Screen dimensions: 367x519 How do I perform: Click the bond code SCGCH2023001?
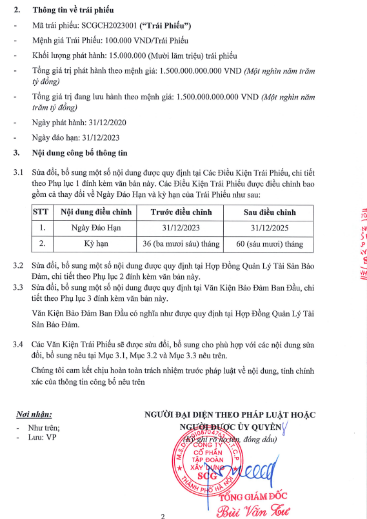pos(106,26)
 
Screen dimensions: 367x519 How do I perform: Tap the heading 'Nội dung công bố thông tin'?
pos(81,153)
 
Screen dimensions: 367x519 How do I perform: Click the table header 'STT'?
pos(42,212)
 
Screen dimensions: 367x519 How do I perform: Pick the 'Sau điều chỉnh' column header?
pos(268,212)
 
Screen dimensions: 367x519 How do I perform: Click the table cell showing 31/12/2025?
pos(268,227)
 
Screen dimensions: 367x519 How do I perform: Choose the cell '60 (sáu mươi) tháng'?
pos(268,244)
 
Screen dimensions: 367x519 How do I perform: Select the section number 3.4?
pos(19,344)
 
